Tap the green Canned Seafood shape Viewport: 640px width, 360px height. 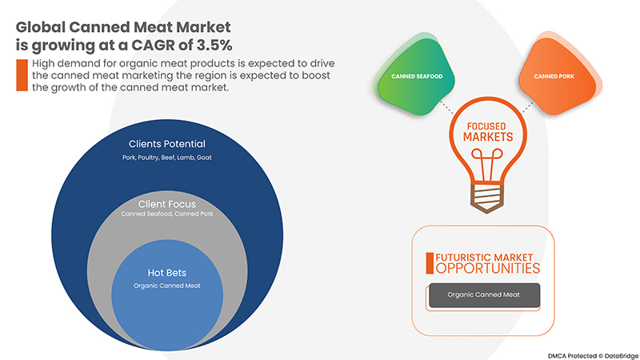coord(415,75)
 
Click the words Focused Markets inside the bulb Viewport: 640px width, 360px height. coord(487,132)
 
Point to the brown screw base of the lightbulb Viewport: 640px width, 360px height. coord(486,198)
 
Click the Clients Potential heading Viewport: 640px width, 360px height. coord(167,144)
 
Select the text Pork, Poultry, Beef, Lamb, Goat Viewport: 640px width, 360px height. coord(167,158)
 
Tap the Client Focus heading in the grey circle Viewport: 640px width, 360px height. coord(167,204)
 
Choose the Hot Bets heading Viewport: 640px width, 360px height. coord(167,273)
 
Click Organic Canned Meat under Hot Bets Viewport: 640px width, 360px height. coord(167,286)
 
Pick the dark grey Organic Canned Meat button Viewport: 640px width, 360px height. coord(485,294)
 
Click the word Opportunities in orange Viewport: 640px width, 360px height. coord(488,269)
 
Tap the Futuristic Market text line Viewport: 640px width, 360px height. coord(484,258)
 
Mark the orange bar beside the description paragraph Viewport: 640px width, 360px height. coord(22,75)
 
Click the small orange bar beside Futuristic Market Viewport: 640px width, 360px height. coord(430,263)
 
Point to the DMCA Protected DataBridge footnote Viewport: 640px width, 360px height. coord(594,356)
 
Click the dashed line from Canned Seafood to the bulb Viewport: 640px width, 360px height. coord(446,106)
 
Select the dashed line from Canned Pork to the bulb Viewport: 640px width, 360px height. coord(528,107)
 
